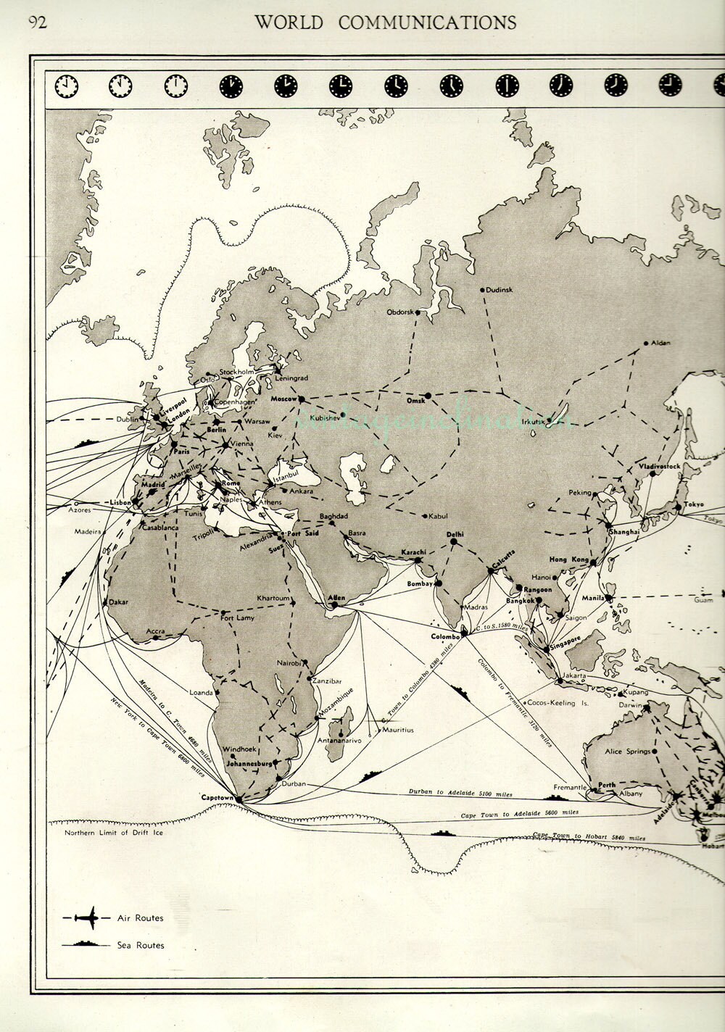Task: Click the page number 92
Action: coord(37,22)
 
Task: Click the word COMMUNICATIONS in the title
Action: coord(427,22)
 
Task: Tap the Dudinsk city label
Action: coord(499,290)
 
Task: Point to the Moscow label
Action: coord(283,399)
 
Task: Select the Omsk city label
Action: coord(415,401)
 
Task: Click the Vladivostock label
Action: coord(659,467)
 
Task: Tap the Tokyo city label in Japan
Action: coord(694,504)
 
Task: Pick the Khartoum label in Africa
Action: coord(273,598)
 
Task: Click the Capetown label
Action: coord(217,797)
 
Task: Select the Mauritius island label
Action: coord(398,730)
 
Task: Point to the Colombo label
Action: coord(446,636)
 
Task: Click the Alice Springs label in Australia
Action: coord(628,752)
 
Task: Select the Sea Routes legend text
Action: coord(141,945)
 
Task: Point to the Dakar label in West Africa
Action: coord(118,602)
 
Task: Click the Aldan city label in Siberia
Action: coord(660,342)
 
